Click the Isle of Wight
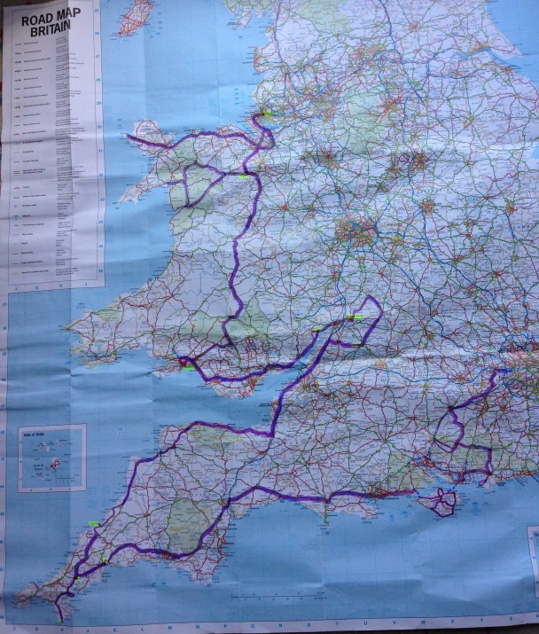coord(442,502)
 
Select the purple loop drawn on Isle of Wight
coord(442,502)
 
